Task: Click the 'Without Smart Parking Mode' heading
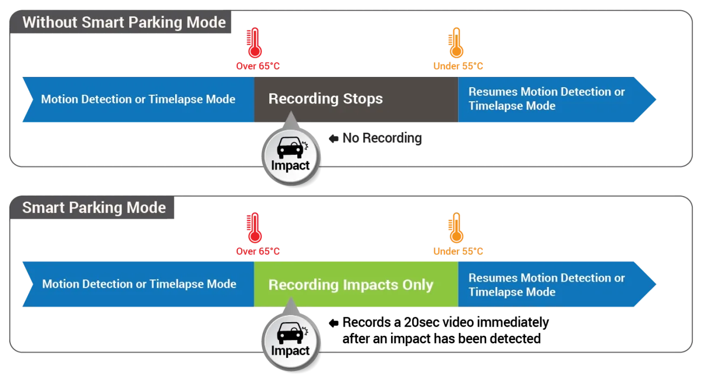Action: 124,23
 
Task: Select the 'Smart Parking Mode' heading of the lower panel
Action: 94,208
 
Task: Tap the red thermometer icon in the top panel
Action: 254,43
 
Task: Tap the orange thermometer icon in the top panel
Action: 456,43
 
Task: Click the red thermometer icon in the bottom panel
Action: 254,229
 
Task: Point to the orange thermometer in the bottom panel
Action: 456,229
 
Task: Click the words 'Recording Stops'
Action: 326,99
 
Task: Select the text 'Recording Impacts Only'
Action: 350,285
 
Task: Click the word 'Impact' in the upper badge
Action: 290,166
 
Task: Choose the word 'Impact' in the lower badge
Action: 290,351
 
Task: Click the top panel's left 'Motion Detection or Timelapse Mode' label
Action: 138,99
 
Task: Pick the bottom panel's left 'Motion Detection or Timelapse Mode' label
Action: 139,284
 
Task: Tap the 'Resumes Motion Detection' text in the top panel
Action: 546,92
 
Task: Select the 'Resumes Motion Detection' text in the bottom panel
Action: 546,278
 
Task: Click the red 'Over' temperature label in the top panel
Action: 257,66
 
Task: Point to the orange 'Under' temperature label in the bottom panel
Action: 458,251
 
